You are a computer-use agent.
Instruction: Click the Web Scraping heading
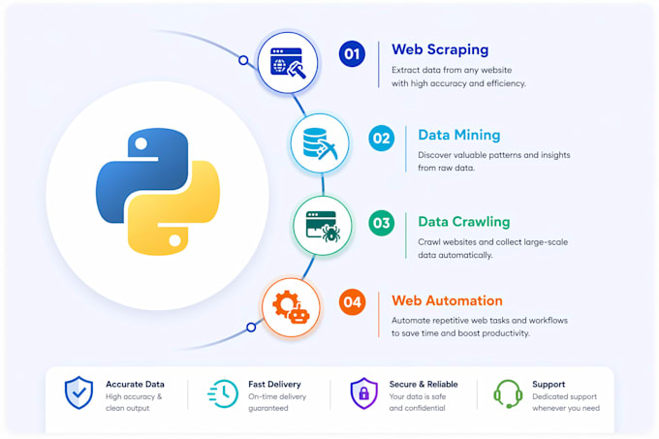440,49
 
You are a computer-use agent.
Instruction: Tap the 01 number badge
352,53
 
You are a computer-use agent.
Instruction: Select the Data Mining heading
459,135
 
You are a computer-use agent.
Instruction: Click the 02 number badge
381,139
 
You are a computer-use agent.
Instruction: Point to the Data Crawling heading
464,222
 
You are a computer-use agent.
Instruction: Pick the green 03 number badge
381,223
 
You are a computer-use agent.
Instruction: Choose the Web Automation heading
447,300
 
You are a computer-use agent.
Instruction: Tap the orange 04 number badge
352,302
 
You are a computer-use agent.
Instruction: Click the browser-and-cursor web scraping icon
288,63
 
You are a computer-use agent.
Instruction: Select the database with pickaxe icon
320,143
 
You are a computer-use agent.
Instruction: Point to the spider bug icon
331,234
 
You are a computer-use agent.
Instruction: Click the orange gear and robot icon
291,307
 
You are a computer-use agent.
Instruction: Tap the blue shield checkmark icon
78,392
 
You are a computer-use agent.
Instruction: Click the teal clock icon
223,393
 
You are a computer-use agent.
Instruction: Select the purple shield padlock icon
364,392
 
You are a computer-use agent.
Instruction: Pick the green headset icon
508,393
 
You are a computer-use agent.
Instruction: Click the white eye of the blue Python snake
141,143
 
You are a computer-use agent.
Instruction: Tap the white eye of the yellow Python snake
174,240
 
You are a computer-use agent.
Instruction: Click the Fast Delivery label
274,384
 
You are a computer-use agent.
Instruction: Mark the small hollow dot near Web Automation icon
251,327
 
